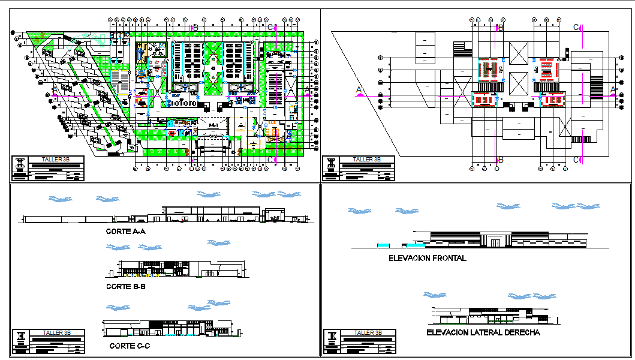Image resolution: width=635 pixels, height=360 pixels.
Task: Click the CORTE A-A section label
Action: point(125,231)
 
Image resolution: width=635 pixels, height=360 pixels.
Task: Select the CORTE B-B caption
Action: point(125,287)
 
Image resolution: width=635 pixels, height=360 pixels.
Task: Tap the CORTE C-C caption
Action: point(130,346)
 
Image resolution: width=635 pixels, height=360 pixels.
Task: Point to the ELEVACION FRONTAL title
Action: point(427,259)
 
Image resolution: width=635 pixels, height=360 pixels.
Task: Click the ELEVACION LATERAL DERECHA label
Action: point(483,332)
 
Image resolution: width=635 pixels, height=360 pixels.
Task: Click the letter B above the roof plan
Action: point(501,28)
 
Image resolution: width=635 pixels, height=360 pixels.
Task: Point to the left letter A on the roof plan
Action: point(359,90)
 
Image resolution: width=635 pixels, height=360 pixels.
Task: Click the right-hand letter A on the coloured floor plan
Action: point(308,90)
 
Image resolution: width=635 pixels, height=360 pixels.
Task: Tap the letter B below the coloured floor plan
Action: point(194,160)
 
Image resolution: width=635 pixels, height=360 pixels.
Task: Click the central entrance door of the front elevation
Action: point(496,242)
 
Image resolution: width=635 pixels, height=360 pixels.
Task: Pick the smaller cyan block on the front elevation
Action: point(382,245)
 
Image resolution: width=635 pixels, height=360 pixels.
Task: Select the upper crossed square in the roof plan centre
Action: point(517,50)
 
